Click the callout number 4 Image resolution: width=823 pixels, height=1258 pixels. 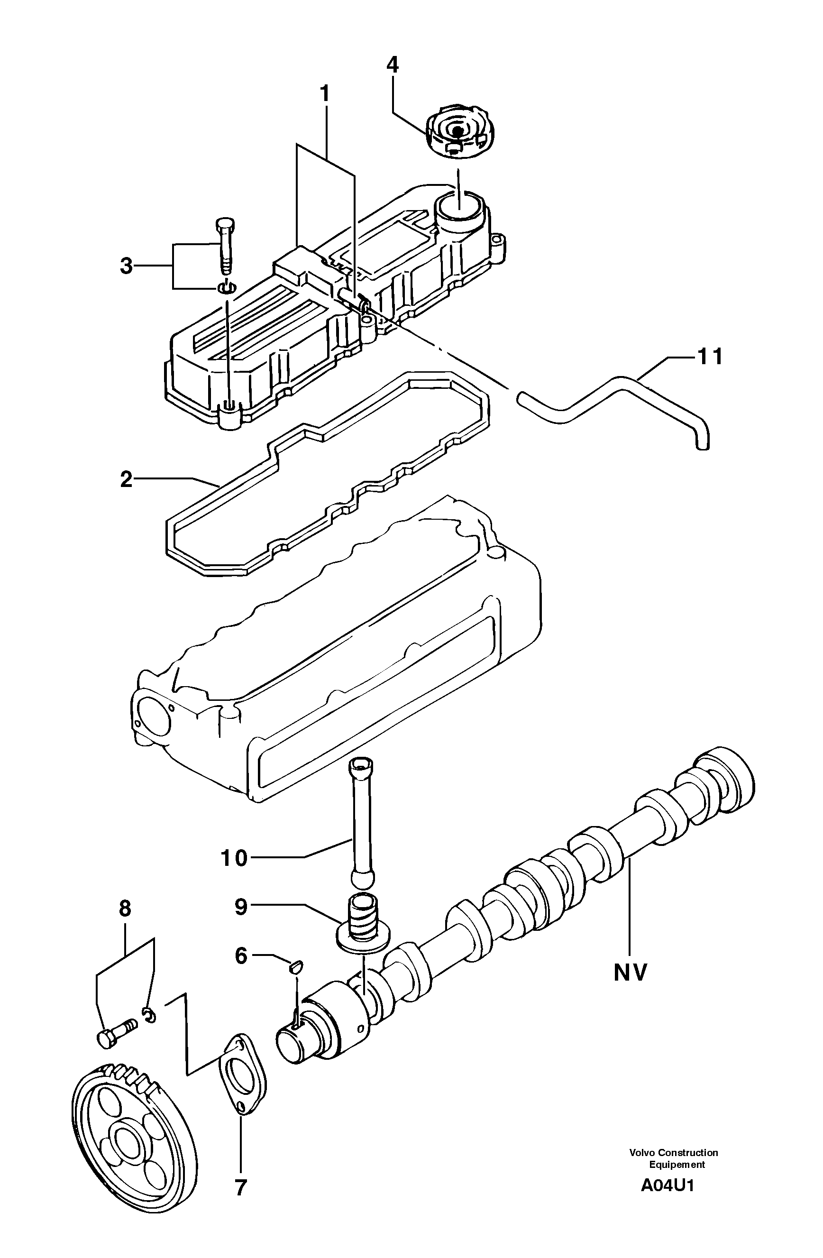[392, 65]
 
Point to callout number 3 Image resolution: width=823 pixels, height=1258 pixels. [126, 266]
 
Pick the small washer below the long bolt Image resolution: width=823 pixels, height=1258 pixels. [226, 289]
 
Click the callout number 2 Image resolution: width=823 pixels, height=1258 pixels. [126, 479]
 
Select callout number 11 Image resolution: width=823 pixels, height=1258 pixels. [709, 357]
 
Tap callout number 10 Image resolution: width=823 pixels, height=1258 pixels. [234, 857]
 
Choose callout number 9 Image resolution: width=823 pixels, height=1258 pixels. [241, 907]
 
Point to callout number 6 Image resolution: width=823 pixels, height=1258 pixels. [241, 955]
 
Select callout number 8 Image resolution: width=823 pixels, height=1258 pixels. [125, 908]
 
